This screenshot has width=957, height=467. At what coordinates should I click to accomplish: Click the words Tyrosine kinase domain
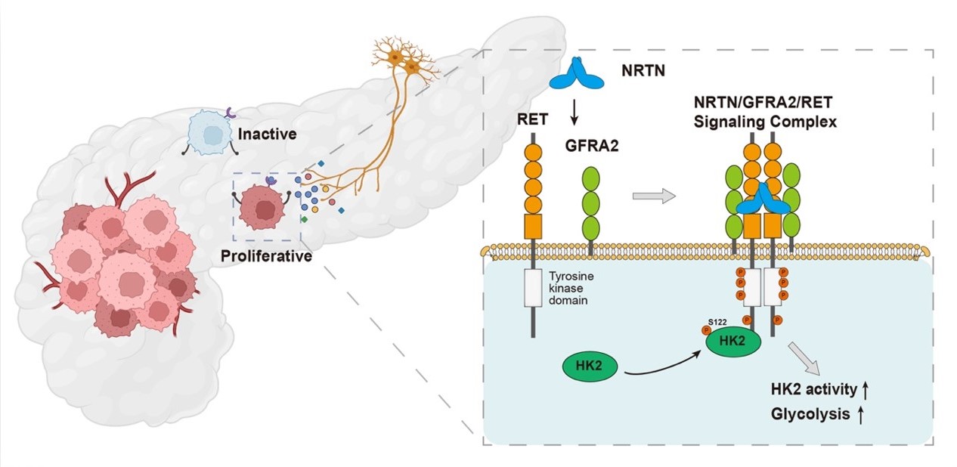(569, 289)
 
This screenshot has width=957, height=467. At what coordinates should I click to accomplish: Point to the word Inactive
(266, 135)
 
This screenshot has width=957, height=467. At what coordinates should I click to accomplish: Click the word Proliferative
(267, 255)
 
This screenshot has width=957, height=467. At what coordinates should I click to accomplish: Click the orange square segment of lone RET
(534, 226)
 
